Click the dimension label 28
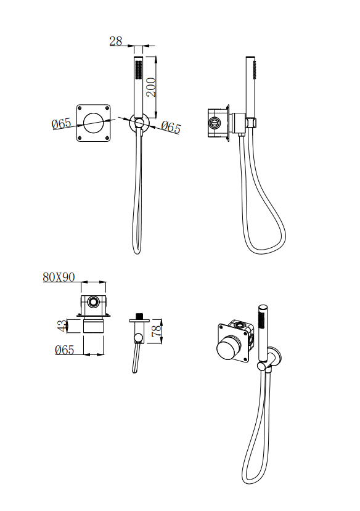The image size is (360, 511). [x=116, y=41]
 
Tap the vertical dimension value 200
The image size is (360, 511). [x=151, y=87]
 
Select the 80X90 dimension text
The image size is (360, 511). [x=59, y=277]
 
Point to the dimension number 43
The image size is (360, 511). [x=62, y=326]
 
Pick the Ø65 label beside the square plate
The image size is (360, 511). [x=62, y=123]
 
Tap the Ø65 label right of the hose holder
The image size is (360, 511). [x=171, y=127]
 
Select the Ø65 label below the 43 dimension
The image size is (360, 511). [x=65, y=350]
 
